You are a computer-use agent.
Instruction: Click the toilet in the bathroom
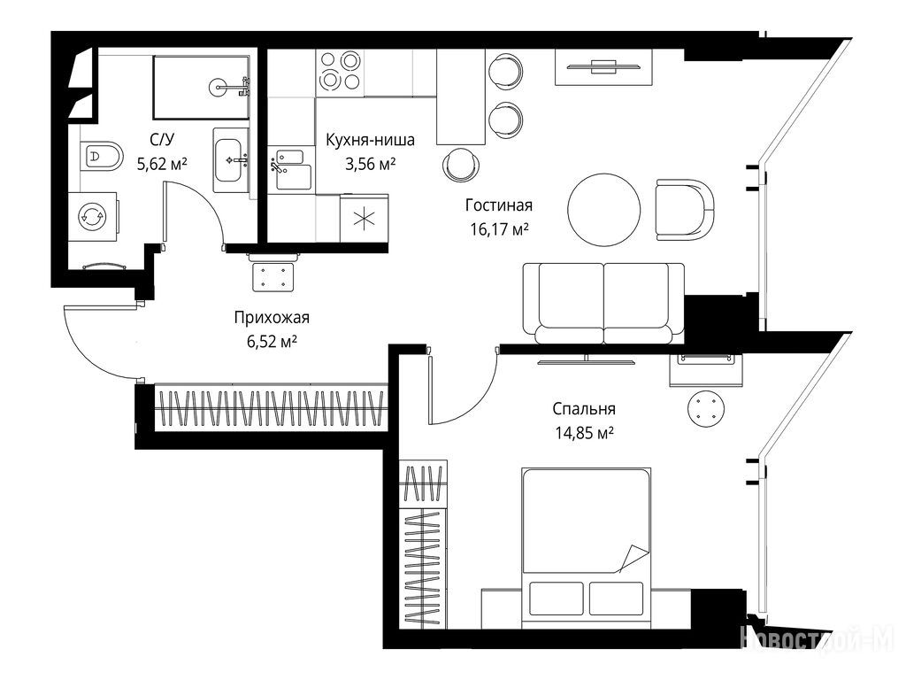tap(103, 156)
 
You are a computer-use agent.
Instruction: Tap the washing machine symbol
tap(92, 217)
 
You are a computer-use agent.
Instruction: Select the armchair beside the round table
tap(686, 209)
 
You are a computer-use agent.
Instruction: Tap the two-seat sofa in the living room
tap(603, 304)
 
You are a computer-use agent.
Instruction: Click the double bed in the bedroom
tap(587, 548)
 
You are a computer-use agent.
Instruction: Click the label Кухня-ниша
tap(371, 140)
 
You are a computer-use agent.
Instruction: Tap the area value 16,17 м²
tap(500, 229)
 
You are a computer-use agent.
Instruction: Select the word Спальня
tap(584, 409)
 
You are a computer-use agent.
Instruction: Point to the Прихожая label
tap(272, 318)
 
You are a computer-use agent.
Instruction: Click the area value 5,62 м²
tap(162, 164)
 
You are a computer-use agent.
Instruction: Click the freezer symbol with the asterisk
tap(365, 219)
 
